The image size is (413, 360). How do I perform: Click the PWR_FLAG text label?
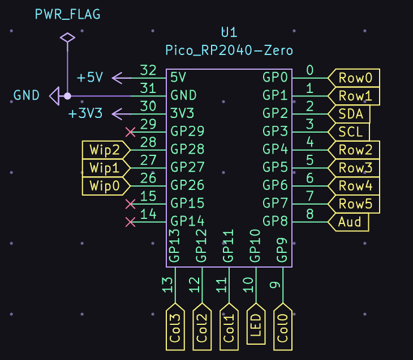click(x=68, y=14)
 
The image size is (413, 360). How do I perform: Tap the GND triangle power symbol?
click(x=55, y=96)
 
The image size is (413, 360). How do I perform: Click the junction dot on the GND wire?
click(x=67, y=96)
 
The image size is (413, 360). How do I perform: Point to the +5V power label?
click(x=90, y=77)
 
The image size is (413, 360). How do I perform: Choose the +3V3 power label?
click(x=85, y=113)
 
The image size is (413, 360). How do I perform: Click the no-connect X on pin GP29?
click(x=130, y=132)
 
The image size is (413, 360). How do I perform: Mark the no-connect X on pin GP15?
click(x=130, y=204)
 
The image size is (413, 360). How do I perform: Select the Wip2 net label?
click(x=106, y=150)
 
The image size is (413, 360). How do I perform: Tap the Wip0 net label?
click(x=106, y=186)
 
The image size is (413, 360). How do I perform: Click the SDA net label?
click(x=349, y=114)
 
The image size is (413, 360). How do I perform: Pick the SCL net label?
click(x=349, y=132)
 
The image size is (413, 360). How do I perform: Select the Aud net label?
click(x=348, y=222)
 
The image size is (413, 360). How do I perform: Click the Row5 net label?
click(x=354, y=204)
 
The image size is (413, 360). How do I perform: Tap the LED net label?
click(x=256, y=324)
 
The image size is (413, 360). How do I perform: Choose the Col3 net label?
click(x=175, y=327)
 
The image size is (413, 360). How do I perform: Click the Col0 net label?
click(x=283, y=327)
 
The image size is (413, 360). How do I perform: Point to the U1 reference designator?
click(x=229, y=32)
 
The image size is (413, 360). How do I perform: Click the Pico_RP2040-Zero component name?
click(x=229, y=50)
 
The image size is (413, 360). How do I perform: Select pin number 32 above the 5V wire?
click(x=148, y=70)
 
